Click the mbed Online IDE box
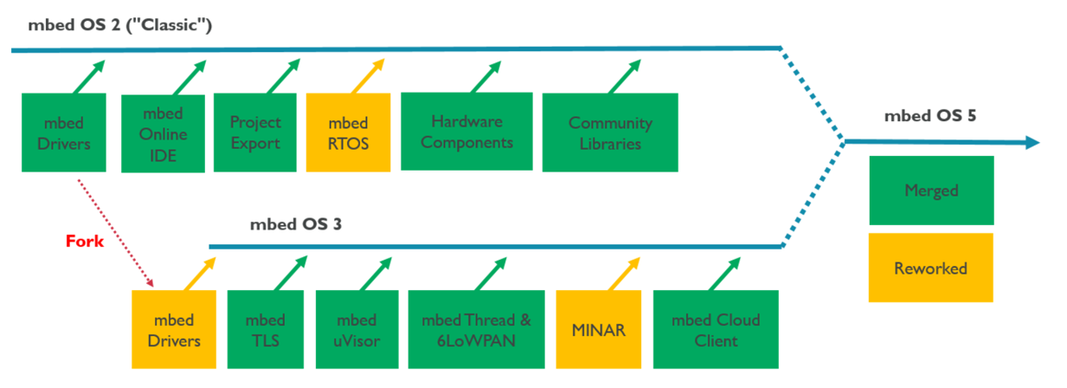tap(164, 133)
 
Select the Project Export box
tap(255, 133)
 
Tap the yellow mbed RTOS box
tap(348, 133)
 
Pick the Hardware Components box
tap(466, 132)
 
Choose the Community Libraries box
tap(610, 133)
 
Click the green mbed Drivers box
tap(64, 133)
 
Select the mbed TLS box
tap(265, 331)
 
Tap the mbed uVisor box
tap(355, 331)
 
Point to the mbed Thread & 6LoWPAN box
tap(477, 331)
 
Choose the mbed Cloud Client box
tap(716, 331)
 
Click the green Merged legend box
tap(931, 191)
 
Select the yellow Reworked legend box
tap(931, 268)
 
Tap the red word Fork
tap(85, 242)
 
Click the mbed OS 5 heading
tap(930, 115)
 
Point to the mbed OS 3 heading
tap(295, 224)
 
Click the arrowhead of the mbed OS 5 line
tap(1032, 143)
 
